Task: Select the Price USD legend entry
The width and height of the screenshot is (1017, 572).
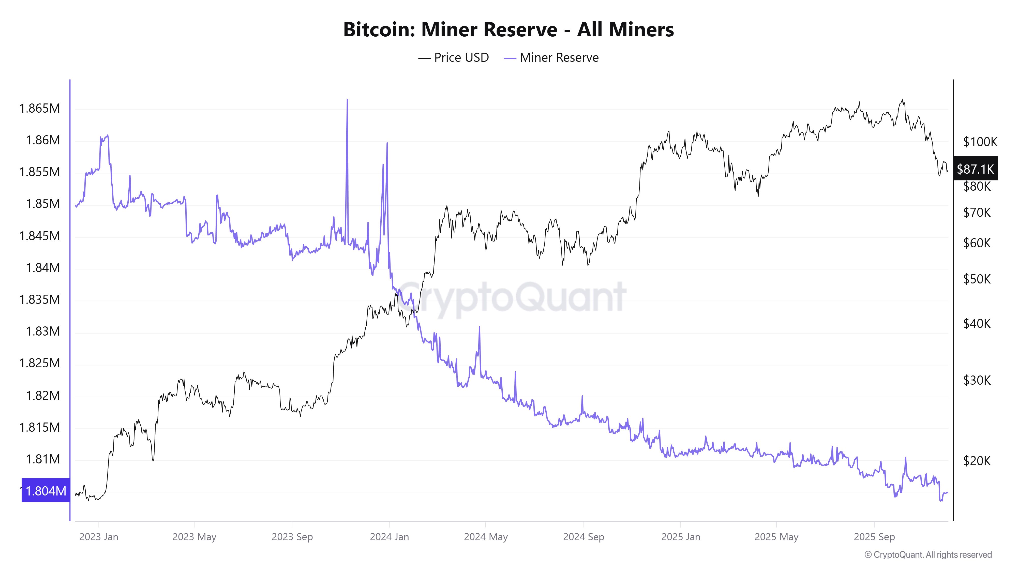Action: (x=454, y=58)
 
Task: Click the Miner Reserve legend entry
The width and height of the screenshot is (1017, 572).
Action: (x=551, y=58)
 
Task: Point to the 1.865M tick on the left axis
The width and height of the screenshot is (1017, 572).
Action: (x=40, y=108)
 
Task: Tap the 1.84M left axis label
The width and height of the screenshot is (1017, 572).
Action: (x=43, y=268)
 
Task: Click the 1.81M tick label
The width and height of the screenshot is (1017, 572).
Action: (x=43, y=459)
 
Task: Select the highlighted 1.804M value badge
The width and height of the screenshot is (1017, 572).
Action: (x=46, y=491)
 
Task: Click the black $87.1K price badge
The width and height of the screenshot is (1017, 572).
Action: (x=975, y=169)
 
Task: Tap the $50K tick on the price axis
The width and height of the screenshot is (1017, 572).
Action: (x=977, y=279)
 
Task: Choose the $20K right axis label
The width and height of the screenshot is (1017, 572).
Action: (x=977, y=460)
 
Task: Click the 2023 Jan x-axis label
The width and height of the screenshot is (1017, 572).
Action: (x=99, y=537)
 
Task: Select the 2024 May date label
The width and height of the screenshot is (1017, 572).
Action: (x=486, y=537)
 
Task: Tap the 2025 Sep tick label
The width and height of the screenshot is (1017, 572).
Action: (x=874, y=537)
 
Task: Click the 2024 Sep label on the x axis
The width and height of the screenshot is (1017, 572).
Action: (x=584, y=537)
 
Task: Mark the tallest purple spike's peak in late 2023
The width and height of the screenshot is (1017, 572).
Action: (x=347, y=100)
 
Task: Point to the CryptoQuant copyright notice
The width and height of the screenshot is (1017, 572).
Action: (x=928, y=555)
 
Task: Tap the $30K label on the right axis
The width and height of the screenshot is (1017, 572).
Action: (x=977, y=380)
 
